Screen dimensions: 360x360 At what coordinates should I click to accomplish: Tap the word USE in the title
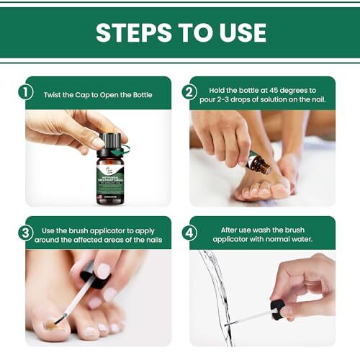(238, 33)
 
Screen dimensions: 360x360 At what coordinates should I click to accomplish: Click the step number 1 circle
(25, 92)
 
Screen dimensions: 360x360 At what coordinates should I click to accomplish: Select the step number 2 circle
(189, 92)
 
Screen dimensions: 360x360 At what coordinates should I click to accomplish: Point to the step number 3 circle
(25, 231)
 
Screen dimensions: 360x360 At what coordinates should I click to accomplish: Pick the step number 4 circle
(189, 231)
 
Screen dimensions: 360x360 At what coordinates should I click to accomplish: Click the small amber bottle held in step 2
(257, 163)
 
